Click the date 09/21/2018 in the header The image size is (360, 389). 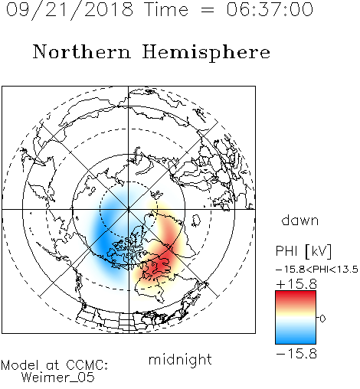click(70, 10)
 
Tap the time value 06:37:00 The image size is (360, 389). click(270, 9)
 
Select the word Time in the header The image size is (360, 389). click(166, 9)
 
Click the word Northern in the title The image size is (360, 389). click(81, 51)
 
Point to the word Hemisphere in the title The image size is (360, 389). click(206, 53)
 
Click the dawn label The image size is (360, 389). click(300, 220)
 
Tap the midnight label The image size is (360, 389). click(180, 359)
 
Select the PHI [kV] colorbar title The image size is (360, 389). click(303, 251)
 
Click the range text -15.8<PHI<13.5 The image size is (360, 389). click(317, 270)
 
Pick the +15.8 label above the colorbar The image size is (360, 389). click(296, 284)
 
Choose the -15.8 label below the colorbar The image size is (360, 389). click(296, 354)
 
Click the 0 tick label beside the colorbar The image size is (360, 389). click(322, 319)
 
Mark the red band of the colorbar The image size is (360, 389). click(296, 297)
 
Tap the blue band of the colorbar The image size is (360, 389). click(296, 337)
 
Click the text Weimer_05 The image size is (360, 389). click(58, 378)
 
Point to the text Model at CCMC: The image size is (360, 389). click(54, 365)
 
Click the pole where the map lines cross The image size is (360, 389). click(129, 209)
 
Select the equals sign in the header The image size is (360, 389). click(207, 10)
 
